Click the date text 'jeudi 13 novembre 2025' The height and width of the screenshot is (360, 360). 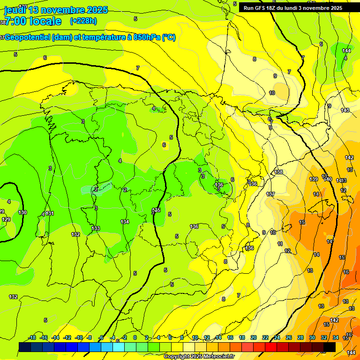pos(56,10)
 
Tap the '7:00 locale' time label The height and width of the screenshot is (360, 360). pos(32,21)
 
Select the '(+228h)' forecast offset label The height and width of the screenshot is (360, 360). pos(83,21)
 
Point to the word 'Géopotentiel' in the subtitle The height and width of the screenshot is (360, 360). pos(28,37)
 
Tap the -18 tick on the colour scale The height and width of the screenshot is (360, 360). pos(32,337)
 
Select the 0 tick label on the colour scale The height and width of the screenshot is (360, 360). pos(135,337)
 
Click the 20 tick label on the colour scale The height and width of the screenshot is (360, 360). pos(254,337)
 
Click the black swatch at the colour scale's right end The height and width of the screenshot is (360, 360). pos(330,347)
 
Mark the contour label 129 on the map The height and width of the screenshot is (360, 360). pos(6,219)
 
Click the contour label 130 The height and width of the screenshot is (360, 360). pos(22,212)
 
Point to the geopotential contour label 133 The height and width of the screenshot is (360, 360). pos(96,228)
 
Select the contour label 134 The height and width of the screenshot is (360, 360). pos(125,222)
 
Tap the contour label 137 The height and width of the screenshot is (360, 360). pos(270,194)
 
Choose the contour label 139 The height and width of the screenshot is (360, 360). pos(314,179)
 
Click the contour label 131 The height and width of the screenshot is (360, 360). pos(50,214)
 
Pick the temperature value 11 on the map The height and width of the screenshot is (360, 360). pos(280,244)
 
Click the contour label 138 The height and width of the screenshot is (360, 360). pos(279,172)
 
